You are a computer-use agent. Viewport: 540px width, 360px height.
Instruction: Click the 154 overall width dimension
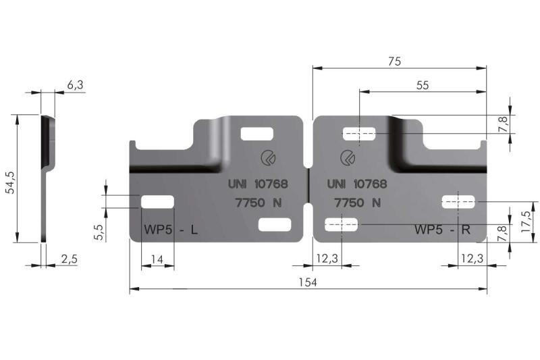[308, 282]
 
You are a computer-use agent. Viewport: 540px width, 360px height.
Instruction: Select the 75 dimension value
[394, 61]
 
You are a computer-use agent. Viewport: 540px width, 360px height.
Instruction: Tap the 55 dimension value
[423, 85]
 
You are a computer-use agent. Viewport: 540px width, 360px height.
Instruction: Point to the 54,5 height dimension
[11, 182]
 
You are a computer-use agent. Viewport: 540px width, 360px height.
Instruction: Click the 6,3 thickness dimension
[75, 84]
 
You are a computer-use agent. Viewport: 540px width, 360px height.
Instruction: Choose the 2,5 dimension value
[70, 259]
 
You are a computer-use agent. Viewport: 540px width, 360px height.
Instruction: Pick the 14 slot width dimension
[157, 259]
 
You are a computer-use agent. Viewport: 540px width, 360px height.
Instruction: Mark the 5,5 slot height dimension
[98, 232]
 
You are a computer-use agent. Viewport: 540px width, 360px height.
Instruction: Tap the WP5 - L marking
[171, 229]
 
